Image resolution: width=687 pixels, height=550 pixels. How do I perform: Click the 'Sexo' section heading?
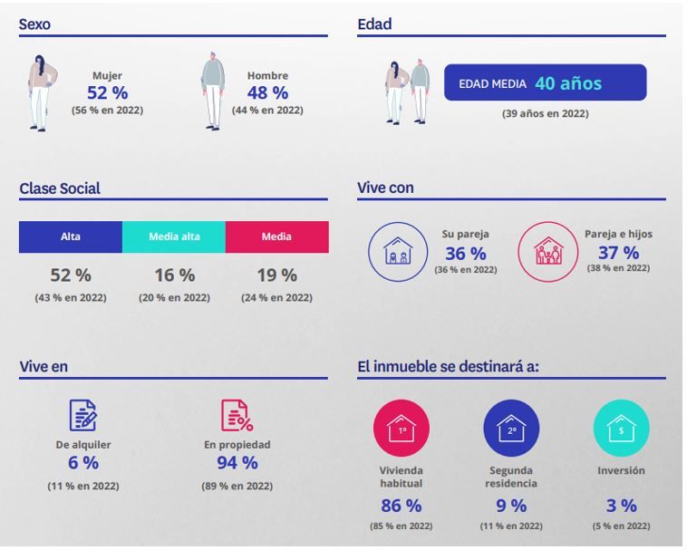click(x=34, y=25)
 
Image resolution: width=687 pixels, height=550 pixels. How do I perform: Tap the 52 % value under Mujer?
click(x=107, y=92)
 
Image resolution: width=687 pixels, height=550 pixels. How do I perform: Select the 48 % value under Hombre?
click(x=267, y=92)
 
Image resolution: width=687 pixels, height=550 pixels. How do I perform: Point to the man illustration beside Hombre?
click(x=212, y=92)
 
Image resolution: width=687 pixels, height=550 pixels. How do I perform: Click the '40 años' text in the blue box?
click(x=568, y=83)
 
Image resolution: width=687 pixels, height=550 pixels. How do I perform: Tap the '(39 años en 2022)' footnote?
click(x=545, y=114)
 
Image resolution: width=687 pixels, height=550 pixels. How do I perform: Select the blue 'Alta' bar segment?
click(x=71, y=236)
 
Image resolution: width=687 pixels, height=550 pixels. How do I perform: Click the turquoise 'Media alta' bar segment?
click(x=174, y=236)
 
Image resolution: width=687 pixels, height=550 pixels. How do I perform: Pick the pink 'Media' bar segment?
click(x=276, y=236)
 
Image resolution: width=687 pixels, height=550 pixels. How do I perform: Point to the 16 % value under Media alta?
click(x=174, y=275)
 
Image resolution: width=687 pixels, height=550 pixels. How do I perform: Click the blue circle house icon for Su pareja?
click(x=397, y=252)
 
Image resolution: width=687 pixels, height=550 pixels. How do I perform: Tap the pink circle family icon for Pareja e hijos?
click(x=547, y=252)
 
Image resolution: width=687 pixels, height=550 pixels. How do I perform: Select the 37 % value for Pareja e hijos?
click(x=618, y=253)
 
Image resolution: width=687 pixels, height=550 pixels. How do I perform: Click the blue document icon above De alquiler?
click(x=83, y=415)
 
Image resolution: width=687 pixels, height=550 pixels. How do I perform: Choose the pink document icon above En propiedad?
click(x=237, y=415)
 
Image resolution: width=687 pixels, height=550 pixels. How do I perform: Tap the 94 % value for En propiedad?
click(x=237, y=463)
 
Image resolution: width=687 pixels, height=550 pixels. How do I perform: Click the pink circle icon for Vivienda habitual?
click(x=402, y=429)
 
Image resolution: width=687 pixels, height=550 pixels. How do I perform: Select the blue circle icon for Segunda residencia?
click(x=511, y=429)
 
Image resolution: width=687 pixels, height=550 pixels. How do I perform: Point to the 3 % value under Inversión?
click(x=621, y=506)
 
